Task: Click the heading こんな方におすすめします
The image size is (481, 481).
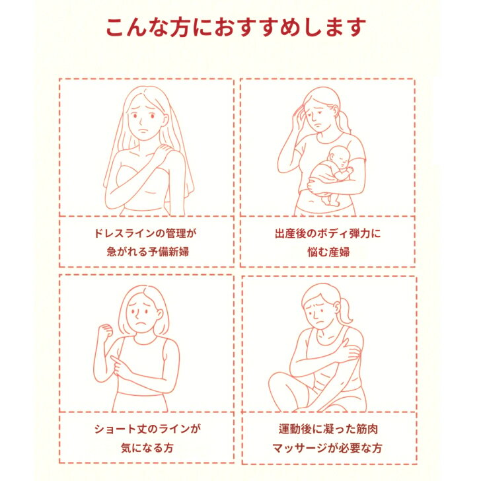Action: pyautogui.click(x=236, y=27)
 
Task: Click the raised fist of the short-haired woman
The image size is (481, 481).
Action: pyautogui.click(x=105, y=330)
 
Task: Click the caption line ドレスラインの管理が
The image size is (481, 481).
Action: pyautogui.click(x=145, y=233)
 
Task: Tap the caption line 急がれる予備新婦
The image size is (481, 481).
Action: pyautogui.click(x=147, y=252)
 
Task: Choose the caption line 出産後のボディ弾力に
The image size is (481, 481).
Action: pyautogui.click(x=328, y=233)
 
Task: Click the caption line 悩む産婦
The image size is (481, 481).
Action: pyautogui.click(x=328, y=252)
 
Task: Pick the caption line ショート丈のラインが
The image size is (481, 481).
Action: pyautogui.click(x=147, y=429)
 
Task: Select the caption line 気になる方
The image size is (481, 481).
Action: pyautogui.click(x=147, y=447)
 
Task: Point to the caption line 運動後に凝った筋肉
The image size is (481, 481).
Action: pyautogui.click(x=328, y=429)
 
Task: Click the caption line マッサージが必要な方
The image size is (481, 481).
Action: pyautogui.click(x=327, y=448)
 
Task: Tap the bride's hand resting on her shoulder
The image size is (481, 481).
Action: pyautogui.click(x=163, y=151)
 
